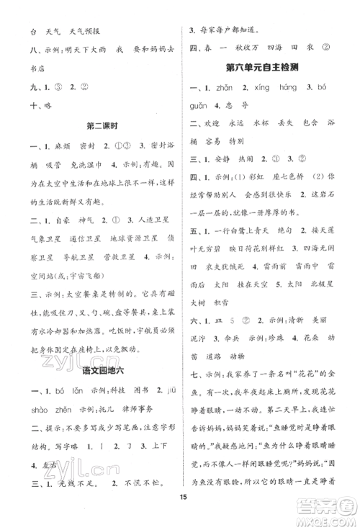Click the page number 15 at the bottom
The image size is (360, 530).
pos(180,513)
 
